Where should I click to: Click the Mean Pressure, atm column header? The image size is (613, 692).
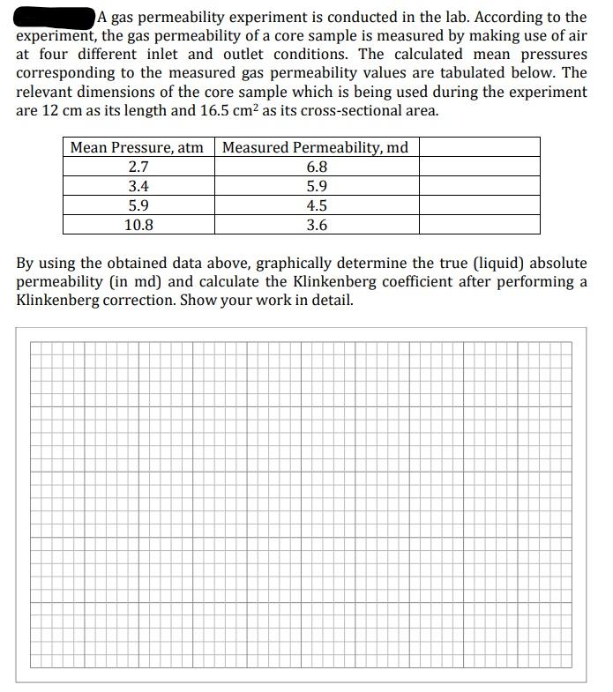[x=137, y=147]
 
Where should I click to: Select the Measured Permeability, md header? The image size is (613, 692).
[x=315, y=147]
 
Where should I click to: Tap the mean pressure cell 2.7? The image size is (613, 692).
[x=138, y=167]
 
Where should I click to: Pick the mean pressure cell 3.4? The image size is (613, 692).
[x=138, y=186]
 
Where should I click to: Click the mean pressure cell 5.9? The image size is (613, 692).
[x=138, y=205]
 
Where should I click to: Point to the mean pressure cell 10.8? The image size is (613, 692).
[x=138, y=225]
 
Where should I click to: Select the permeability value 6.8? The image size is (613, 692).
[x=317, y=167]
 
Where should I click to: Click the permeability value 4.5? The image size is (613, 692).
[x=317, y=205]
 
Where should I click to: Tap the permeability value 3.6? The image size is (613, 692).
[x=317, y=225]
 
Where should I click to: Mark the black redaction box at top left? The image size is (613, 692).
[x=55, y=16]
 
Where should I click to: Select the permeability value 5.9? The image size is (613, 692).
[x=317, y=186]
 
